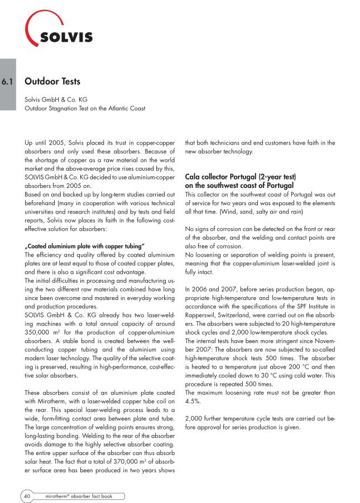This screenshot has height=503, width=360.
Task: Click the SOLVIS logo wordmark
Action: (x=66, y=37)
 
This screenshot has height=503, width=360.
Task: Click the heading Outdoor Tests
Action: (x=52, y=81)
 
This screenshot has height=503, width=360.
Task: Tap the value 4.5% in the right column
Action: (x=193, y=400)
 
